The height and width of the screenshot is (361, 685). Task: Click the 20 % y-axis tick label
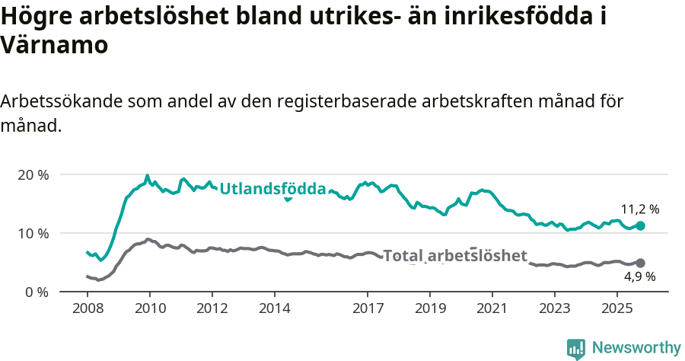point(32,174)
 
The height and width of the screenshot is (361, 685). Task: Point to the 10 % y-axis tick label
point(32,233)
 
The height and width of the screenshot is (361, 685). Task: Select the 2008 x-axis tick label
point(88,309)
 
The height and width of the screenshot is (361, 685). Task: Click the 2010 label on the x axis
point(150,309)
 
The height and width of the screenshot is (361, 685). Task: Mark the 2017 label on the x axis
point(368,309)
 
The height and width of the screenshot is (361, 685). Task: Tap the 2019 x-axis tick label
point(430,309)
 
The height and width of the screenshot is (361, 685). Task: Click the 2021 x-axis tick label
point(492,309)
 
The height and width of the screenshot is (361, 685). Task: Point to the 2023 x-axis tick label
point(554,309)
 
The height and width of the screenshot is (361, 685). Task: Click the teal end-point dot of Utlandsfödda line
point(640,225)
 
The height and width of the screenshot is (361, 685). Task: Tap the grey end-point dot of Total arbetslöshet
point(640,263)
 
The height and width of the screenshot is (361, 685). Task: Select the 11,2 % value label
point(640,209)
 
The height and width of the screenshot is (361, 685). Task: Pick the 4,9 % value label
point(640,277)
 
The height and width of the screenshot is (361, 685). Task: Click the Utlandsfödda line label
point(272,189)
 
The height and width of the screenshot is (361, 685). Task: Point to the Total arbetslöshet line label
point(454,256)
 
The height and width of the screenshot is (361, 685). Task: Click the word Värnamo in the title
point(54,44)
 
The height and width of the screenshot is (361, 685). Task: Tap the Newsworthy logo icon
point(575,348)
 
